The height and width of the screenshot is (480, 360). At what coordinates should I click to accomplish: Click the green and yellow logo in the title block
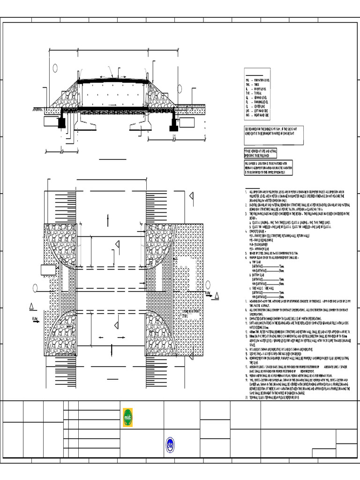128,414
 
